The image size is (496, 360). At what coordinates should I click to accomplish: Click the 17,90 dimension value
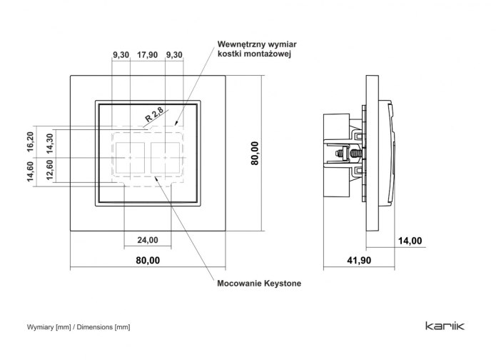pos(147,55)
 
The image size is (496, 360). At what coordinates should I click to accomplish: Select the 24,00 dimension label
pos(148,240)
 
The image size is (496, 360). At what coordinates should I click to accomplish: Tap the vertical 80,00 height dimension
pos(255,154)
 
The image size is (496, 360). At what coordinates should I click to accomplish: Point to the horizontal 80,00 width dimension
pos(148,260)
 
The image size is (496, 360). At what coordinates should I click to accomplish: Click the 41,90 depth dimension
pos(359,260)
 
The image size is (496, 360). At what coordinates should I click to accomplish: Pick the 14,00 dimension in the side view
pos(410,241)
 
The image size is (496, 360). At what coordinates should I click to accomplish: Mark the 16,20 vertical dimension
pos(31,142)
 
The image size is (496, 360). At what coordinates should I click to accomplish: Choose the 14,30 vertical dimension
pos(50,144)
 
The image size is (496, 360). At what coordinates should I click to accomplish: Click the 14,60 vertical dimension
pos(31,171)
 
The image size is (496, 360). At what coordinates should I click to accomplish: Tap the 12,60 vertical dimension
pos(50,170)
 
